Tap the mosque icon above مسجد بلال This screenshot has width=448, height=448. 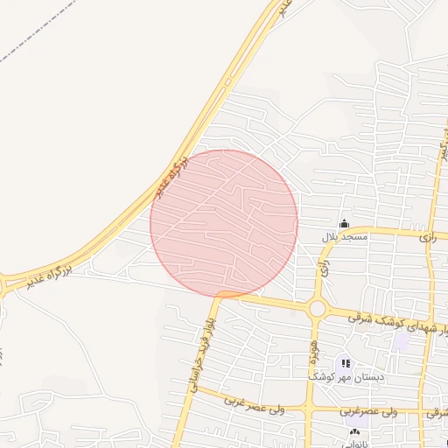344,223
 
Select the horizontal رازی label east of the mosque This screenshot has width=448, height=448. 427,237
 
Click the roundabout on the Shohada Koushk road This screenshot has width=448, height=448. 317,308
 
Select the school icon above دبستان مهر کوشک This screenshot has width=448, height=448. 345,362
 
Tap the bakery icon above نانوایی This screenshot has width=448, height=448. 354,431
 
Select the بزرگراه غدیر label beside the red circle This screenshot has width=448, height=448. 171,178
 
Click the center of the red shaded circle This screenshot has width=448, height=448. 224,223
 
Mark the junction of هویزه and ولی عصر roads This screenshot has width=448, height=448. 309,409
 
